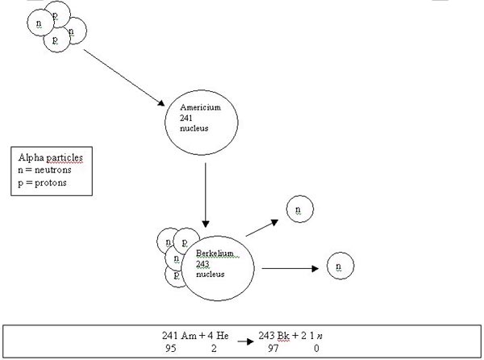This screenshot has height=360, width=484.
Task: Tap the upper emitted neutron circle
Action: pyautogui.click(x=298, y=210)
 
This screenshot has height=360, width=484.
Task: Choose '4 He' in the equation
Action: pyautogui.click(x=217, y=334)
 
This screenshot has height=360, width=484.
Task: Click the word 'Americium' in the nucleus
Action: pyautogui.click(x=200, y=107)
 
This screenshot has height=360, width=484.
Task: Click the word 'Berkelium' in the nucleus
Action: pyautogui.click(x=215, y=253)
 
